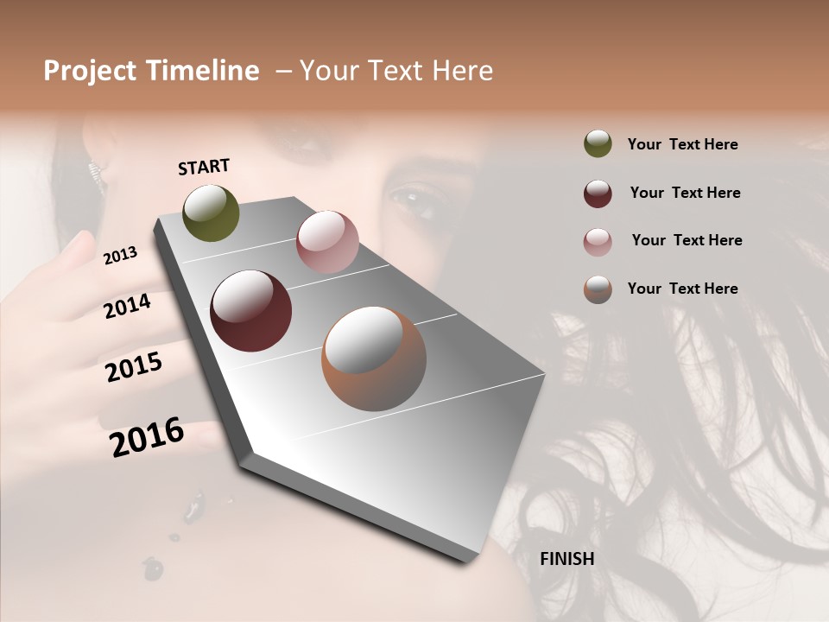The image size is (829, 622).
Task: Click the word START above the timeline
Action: point(204,167)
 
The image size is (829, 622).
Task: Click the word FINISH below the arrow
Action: point(566,559)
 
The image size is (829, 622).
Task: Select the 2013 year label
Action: point(120,255)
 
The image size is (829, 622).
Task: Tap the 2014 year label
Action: point(127,306)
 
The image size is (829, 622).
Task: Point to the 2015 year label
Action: point(133,367)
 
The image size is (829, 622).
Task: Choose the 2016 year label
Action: point(147,437)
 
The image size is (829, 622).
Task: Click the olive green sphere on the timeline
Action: point(212,213)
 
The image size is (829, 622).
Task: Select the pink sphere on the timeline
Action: point(327,241)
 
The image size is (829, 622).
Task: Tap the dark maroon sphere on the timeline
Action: point(250,311)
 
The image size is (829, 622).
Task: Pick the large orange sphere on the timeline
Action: point(374,359)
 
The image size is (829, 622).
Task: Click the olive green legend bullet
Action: point(598,143)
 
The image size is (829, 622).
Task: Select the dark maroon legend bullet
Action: point(598,193)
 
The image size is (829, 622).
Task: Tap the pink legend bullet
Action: point(598,241)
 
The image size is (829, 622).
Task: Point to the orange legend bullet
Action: point(598,289)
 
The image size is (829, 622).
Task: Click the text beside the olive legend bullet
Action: point(682,144)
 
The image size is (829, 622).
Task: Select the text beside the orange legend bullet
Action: point(682,289)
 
